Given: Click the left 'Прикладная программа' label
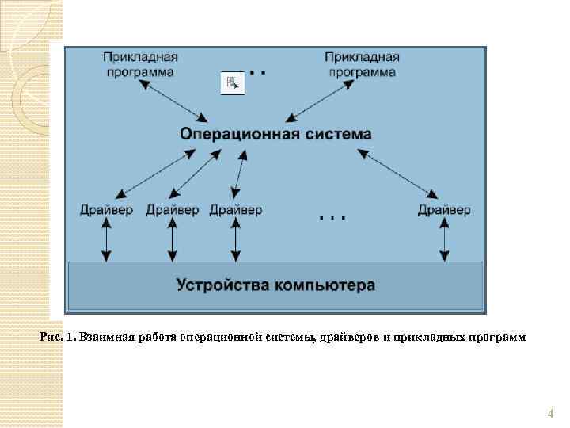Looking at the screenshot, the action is pyautogui.click(x=139, y=64).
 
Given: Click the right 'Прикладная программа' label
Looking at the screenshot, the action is pyautogui.click(x=362, y=64).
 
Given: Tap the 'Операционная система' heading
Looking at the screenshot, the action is pyautogui.click(x=275, y=134).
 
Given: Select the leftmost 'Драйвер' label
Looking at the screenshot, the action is pyautogui.click(x=107, y=210).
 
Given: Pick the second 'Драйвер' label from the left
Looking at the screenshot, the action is pyautogui.click(x=172, y=210).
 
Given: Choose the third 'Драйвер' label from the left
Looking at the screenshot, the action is pyautogui.click(x=236, y=210).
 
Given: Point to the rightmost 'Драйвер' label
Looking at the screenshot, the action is pyautogui.click(x=444, y=210).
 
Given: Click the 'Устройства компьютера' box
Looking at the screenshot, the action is pyautogui.click(x=275, y=284).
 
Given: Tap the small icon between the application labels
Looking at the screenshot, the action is pyautogui.click(x=232, y=82).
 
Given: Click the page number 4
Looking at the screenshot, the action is pyautogui.click(x=550, y=414).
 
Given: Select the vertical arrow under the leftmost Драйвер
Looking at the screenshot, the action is pyautogui.click(x=107, y=239).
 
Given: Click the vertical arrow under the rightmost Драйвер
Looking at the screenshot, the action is pyautogui.click(x=444, y=239).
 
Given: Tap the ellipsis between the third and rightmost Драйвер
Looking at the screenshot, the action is pyautogui.click(x=332, y=216).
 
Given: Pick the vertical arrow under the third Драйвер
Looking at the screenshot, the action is pyautogui.click(x=234, y=239).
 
